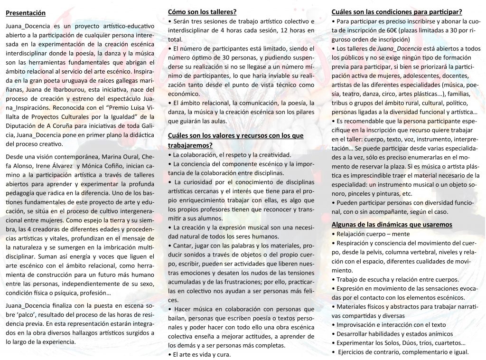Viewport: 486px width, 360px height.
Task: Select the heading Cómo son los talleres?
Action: pos(203,11)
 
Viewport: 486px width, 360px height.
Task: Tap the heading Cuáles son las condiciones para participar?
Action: pos(397,11)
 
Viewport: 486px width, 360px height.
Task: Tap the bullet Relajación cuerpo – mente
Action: pos(373,234)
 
